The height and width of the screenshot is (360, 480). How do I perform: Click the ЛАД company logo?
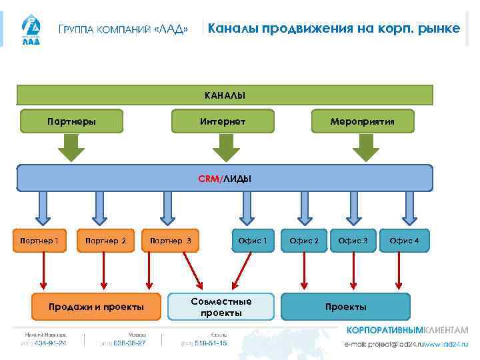[31, 30]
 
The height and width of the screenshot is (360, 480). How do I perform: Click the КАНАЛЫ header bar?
[225, 95]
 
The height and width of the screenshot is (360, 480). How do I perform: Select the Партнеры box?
[72, 121]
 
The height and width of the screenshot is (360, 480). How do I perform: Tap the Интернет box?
[223, 121]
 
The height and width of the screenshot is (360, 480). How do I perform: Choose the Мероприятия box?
[363, 121]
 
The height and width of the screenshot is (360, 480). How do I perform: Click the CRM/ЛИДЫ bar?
[225, 178]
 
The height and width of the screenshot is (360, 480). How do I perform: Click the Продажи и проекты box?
[97, 307]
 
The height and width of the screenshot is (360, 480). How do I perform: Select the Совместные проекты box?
[221, 307]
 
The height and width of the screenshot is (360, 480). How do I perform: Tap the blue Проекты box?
[345, 307]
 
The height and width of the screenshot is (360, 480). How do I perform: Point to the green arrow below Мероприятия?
[365, 147]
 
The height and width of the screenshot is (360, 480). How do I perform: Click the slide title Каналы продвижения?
[333, 29]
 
